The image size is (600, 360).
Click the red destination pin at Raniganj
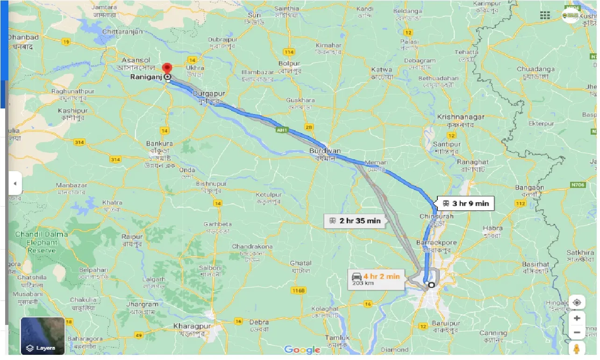coord(167,69)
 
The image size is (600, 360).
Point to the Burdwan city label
coord(325,151)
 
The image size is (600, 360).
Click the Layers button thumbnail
coord(43,335)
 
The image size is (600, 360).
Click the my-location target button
coord(577,302)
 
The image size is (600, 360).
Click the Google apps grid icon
coord(545,15)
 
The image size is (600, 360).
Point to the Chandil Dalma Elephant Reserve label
coord(42,242)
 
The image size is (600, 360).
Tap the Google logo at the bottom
coord(302,350)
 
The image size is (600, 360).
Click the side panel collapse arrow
coord(14,184)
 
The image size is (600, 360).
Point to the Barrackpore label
coord(436,243)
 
